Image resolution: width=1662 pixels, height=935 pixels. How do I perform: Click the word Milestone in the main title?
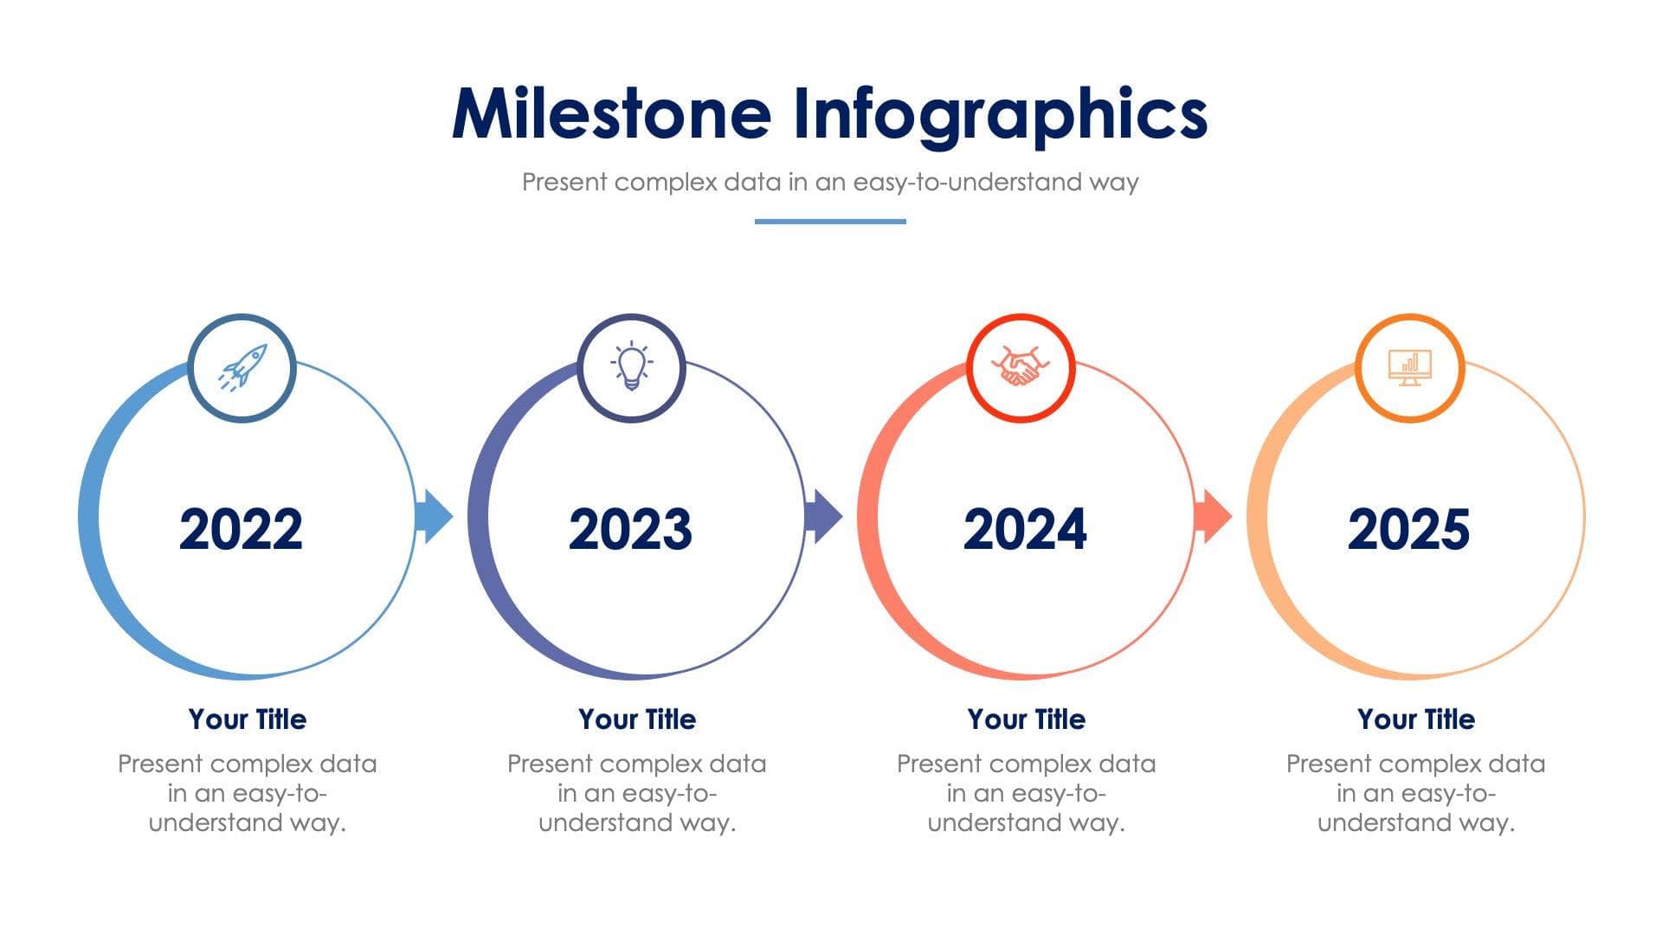click(x=611, y=113)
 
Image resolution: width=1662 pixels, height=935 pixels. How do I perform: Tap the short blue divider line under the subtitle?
click(x=830, y=222)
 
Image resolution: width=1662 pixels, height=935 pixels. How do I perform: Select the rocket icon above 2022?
click(x=242, y=367)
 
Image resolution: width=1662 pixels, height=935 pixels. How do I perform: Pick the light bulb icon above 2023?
click(x=631, y=367)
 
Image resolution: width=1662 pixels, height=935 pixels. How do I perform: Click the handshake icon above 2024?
click(x=1021, y=367)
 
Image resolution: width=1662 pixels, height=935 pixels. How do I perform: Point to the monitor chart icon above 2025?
click(x=1409, y=368)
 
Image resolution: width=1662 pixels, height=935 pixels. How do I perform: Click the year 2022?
click(x=241, y=529)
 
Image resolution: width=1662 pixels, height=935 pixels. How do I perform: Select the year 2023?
click(x=630, y=529)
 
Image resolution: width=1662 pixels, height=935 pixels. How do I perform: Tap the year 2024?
click(x=1025, y=529)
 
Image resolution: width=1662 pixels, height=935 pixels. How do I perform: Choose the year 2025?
click(x=1408, y=529)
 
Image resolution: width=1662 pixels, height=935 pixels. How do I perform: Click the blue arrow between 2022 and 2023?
click(x=435, y=517)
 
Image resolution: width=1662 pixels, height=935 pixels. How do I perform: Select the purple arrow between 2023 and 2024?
click(x=823, y=517)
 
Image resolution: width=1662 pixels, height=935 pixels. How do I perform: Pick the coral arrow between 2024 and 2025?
click(x=1213, y=517)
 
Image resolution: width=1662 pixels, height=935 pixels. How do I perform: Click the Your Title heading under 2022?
click(x=248, y=719)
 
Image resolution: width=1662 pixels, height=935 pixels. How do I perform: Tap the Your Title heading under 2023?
click(x=637, y=719)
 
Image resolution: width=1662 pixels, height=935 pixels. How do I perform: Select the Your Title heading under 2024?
click(x=1027, y=719)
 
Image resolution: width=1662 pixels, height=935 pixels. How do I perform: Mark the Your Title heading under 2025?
click(x=1416, y=719)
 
